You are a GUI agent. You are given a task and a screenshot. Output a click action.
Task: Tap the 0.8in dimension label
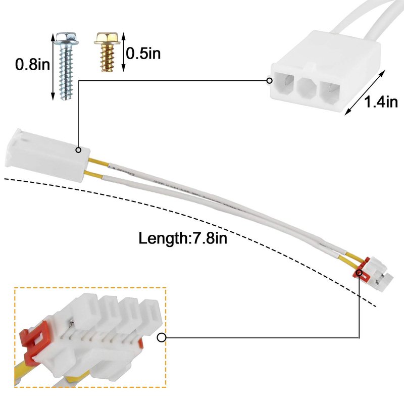(x=32, y=65)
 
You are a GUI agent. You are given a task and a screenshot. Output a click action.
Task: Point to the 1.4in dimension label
(x=381, y=103)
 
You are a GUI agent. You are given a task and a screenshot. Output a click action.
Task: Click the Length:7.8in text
(x=183, y=237)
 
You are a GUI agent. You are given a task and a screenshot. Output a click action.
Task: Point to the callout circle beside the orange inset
(x=162, y=338)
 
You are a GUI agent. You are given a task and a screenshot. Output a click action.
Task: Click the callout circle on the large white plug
(x=79, y=150)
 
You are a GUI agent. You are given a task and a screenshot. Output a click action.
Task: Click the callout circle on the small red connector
(x=359, y=274)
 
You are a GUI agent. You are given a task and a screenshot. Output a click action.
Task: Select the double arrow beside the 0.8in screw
(x=53, y=66)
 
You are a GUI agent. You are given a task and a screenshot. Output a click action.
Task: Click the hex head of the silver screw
(x=66, y=39)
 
